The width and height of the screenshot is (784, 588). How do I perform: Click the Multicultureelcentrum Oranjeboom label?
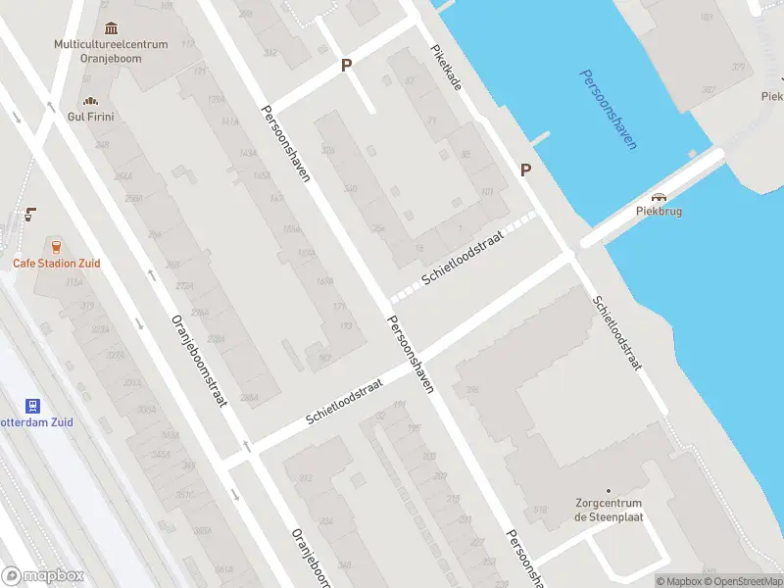click(x=111, y=50)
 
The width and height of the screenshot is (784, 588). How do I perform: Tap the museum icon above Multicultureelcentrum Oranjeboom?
click(x=111, y=27)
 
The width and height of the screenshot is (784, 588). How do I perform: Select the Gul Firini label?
click(x=91, y=115)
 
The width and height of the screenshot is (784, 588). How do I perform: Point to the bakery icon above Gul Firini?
click(x=91, y=99)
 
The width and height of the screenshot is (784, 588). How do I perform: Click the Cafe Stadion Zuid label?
click(x=56, y=263)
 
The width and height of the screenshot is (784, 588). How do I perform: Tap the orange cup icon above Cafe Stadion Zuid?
click(x=56, y=246)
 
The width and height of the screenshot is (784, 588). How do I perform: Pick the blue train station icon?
click(x=33, y=405)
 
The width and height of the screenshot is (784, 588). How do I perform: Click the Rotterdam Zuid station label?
click(x=39, y=422)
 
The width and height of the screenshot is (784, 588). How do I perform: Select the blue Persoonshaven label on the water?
click(x=608, y=109)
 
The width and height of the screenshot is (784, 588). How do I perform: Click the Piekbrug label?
click(x=659, y=211)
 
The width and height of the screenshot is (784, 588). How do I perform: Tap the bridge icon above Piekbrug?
click(x=659, y=196)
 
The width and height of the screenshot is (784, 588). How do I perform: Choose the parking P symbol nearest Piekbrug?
click(x=526, y=170)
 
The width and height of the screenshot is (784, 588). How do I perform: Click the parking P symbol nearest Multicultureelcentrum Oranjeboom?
click(x=345, y=65)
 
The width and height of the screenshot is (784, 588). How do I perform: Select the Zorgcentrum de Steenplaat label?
click(x=609, y=511)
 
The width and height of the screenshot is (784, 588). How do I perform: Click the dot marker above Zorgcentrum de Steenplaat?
click(x=609, y=491)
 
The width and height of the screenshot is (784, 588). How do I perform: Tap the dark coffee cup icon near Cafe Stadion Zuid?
click(x=31, y=214)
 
